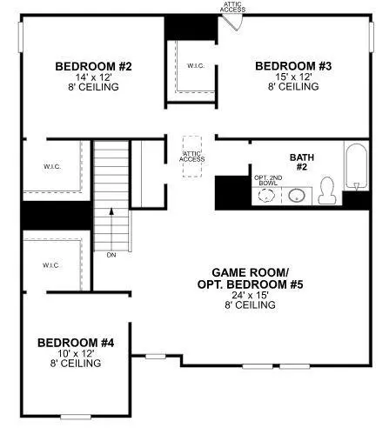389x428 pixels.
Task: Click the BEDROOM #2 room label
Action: pyautogui.click(x=93, y=66)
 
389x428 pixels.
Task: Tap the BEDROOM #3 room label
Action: pyautogui.click(x=293, y=66)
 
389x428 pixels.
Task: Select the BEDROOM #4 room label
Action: pyautogui.click(x=76, y=343)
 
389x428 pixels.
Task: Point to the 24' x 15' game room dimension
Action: pyautogui.click(x=250, y=295)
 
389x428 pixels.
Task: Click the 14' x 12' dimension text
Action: pyautogui.click(x=94, y=77)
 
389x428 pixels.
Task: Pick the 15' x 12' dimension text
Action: pyautogui.click(x=293, y=77)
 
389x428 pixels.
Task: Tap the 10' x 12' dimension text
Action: pyautogui.click(x=76, y=353)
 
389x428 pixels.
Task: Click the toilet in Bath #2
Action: pyautogui.click(x=327, y=191)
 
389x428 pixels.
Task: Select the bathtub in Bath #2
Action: pyautogui.click(x=357, y=167)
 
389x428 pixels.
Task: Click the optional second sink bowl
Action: pyautogui.click(x=266, y=196)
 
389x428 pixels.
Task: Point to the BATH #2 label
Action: pyautogui.click(x=302, y=162)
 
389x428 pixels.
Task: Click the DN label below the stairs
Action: pyautogui.click(x=111, y=255)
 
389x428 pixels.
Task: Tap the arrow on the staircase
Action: pyautogui.click(x=111, y=230)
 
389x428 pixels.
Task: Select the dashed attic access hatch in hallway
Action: pyautogui.click(x=192, y=157)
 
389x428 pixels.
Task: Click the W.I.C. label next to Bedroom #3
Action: pyautogui.click(x=196, y=66)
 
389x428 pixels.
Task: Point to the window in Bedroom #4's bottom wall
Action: pyautogui.click(x=76, y=417)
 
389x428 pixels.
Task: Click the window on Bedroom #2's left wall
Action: pyautogui.click(x=21, y=37)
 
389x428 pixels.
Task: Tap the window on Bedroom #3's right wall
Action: pyautogui.click(x=372, y=37)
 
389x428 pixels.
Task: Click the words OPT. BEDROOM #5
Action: pyautogui.click(x=250, y=284)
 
